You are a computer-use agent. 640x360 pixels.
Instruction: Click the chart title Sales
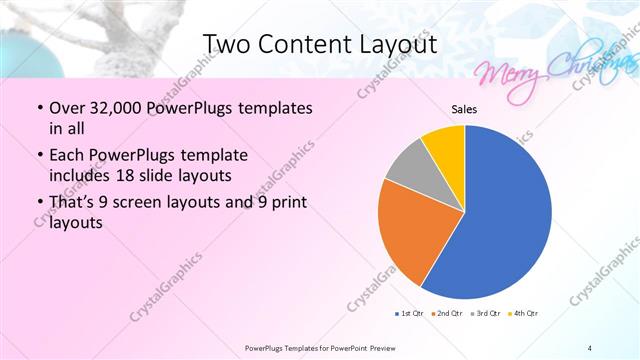(464, 109)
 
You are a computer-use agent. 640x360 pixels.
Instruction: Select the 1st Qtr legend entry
(408, 314)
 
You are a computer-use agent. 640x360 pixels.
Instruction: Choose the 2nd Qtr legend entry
(445, 314)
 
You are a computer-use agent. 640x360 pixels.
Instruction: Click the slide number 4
(590, 347)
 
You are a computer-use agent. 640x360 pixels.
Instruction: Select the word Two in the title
(228, 45)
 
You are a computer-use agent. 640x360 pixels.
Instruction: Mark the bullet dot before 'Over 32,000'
(38, 108)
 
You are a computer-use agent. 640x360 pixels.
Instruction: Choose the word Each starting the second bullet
(65, 157)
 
